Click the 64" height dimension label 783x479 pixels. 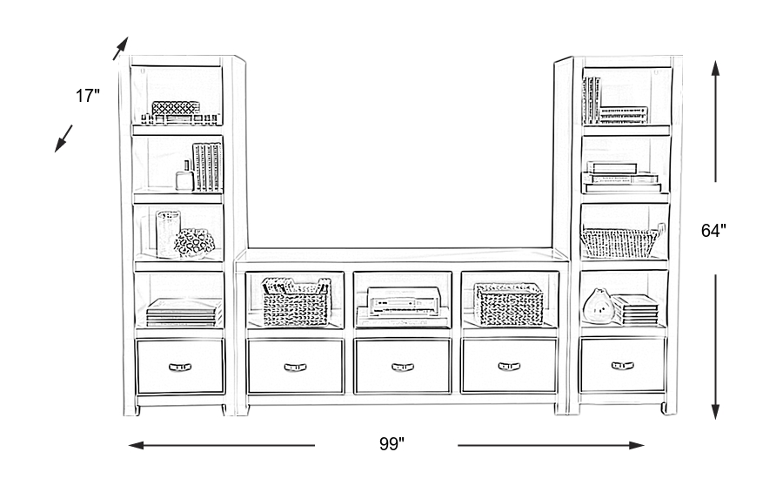pos(713,231)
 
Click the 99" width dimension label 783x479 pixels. pos(391,444)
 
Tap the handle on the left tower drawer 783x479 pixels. pos(180,367)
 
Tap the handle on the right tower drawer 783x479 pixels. pos(622,366)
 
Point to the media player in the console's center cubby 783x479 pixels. pos(401,302)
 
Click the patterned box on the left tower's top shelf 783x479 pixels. pos(177,109)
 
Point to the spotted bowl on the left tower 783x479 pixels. pos(194,243)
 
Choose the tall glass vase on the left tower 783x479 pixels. pos(167,233)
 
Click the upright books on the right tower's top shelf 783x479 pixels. pos(592,98)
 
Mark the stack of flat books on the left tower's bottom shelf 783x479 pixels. pos(183,312)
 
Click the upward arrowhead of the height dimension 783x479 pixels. pos(715,64)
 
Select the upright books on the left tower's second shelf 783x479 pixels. pos(207,166)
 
